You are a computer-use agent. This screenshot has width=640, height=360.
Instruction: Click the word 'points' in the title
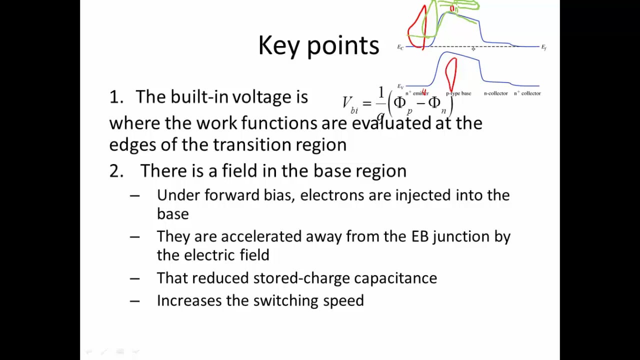[342, 46]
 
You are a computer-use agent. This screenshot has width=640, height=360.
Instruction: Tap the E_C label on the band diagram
[400, 47]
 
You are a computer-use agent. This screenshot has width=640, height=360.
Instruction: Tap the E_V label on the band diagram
[400, 86]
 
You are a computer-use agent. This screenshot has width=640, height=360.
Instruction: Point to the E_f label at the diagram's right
[543, 47]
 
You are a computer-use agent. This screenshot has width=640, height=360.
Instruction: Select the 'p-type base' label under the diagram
[458, 93]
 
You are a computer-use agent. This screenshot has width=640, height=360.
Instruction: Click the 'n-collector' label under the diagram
[495, 93]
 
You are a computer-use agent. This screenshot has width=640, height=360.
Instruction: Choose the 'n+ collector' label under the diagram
[527, 93]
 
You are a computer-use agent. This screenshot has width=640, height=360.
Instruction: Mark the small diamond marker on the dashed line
[473, 49]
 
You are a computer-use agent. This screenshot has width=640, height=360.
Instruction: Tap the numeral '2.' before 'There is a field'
[116, 171]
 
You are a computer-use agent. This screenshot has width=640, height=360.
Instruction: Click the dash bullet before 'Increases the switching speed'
[134, 301]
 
